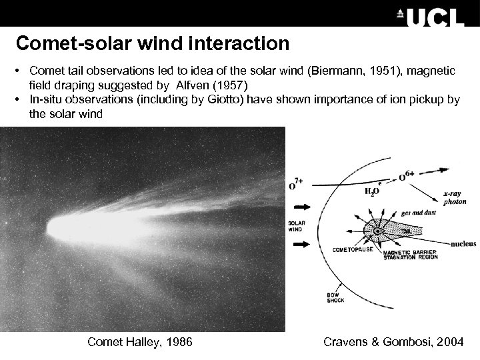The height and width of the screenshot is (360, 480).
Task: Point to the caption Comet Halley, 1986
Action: (140, 342)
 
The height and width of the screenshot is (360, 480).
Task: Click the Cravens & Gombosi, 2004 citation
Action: (393, 342)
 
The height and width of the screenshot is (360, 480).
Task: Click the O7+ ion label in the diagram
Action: (297, 183)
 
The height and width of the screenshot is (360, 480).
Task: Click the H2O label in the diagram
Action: (371, 190)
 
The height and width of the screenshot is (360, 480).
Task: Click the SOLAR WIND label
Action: (297, 225)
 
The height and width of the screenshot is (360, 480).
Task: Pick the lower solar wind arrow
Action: (301, 244)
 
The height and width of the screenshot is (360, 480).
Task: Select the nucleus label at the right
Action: (463, 244)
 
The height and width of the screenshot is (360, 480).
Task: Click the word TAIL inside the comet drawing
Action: (406, 231)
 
